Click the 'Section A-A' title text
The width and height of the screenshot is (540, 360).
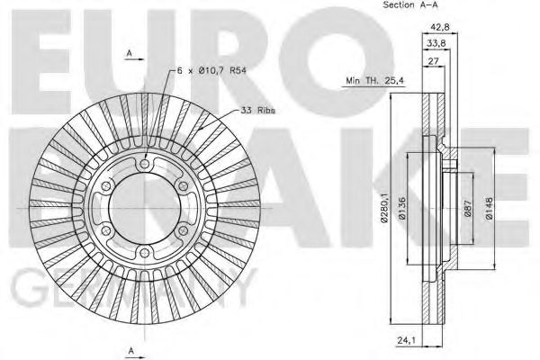point(392,6)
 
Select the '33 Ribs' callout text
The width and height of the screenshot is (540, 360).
point(257,110)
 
